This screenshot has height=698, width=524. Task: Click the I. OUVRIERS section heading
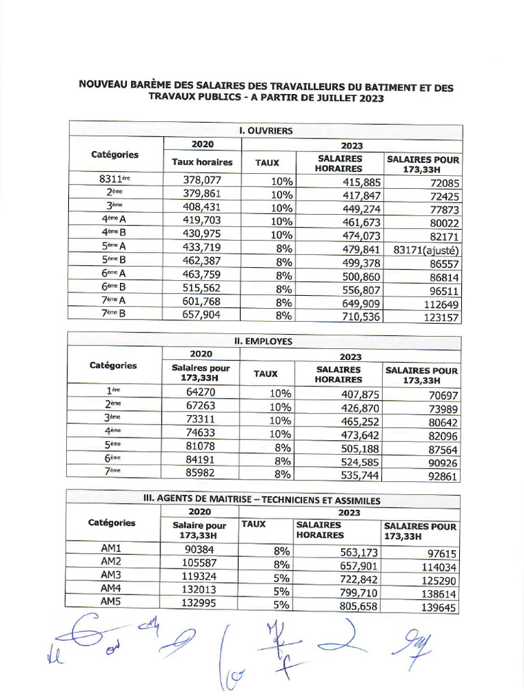266,130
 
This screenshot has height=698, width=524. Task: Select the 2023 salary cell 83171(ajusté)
427,249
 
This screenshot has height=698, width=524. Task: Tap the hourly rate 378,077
202,181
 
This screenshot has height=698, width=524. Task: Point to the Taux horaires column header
202,162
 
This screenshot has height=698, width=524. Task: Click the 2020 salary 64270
201,391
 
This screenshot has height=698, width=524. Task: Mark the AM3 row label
111,574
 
